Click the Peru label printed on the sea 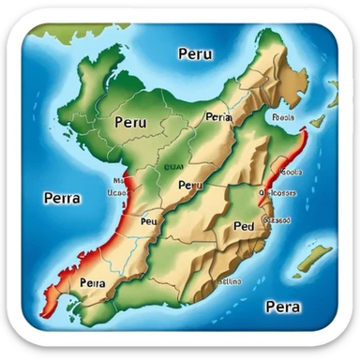[194, 54]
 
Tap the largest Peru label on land [131, 122]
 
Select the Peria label [217, 117]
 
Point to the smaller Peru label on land [189, 186]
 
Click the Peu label [148, 222]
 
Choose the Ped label [243, 227]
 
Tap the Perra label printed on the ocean [62, 198]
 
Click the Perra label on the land [93, 281]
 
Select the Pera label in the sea [282, 306]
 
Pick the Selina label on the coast [229, 278]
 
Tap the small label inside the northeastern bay [283, 119]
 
